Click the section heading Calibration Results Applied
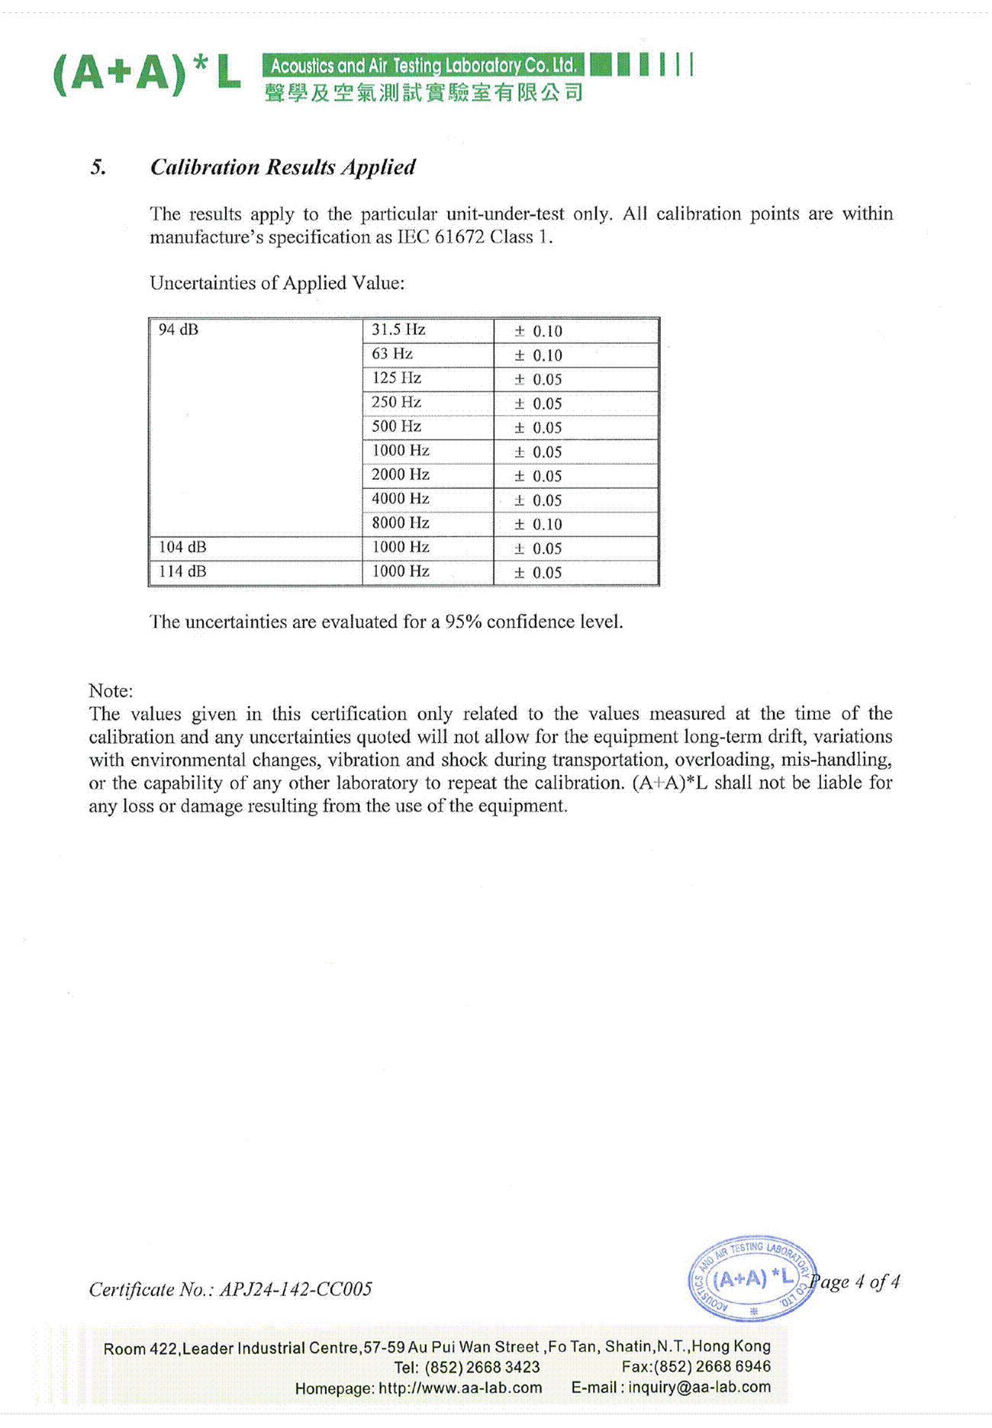click(282, 167)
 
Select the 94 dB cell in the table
click(179, 330)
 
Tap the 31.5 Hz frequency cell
click(398, 330)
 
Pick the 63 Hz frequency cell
click(392, 354)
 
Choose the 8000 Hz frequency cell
click(400, 523)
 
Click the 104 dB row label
click(182, 548)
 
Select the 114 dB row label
click(182, 571)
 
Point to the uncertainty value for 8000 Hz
click(538, 524)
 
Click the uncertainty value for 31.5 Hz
click(538, 331)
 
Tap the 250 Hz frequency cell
click(396, 402)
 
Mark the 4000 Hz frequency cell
click(400, 499)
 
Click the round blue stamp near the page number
click(752, 1278)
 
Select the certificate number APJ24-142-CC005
click(296, 1289)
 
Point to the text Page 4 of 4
click(856, 1282)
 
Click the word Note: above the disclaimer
click(111, 690)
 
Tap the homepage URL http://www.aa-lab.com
click(460, 1388)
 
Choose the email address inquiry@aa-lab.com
click(699, 1387)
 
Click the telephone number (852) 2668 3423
click(482, 1367)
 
